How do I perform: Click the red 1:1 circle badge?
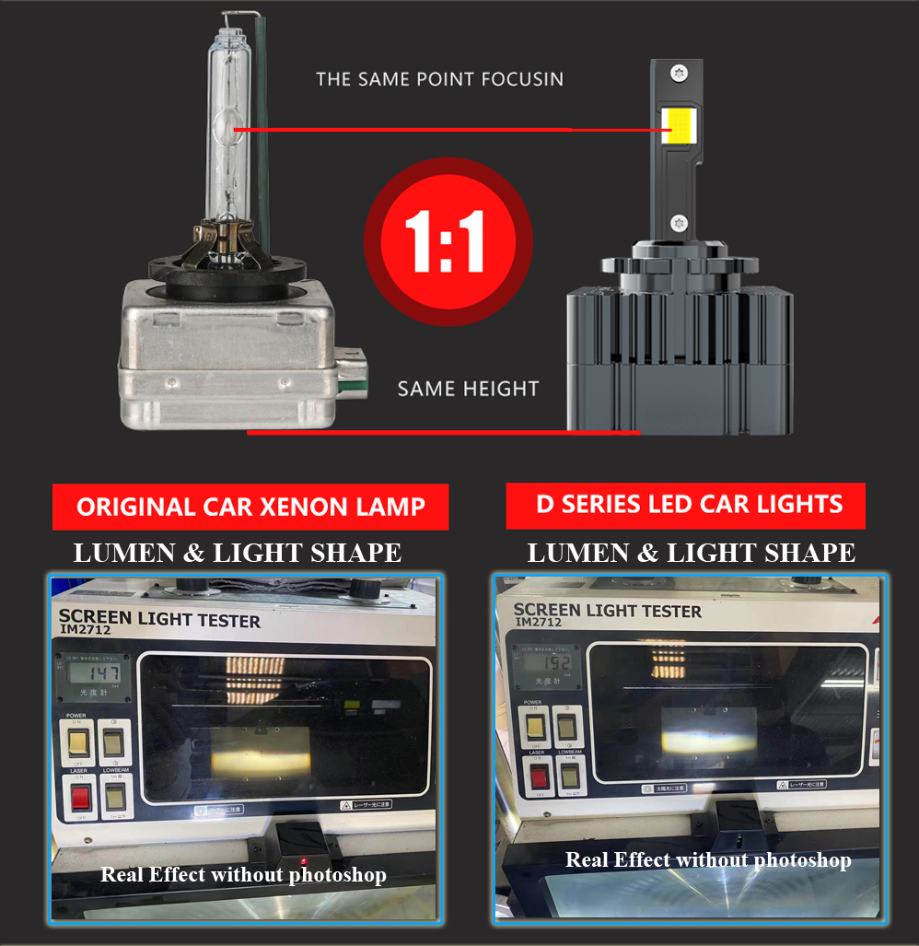[x=448, y=242]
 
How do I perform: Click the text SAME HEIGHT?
[x=468, y=389]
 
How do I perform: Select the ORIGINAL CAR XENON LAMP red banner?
[x=250, y=507]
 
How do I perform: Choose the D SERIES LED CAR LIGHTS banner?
[x=685, y=505]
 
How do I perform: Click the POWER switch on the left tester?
[x=80, y=740]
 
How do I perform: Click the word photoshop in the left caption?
[x=337, y=874]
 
